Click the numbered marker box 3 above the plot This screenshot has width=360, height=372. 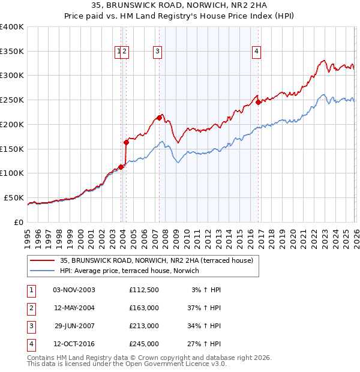click(157, 52)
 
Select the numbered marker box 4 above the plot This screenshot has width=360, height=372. click(256, 52)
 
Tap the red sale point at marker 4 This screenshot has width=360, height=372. click(258, 102)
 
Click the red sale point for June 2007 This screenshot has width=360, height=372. click(160, 118)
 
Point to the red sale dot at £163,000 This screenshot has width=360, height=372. click(127, 142)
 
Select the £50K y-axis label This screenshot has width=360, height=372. click(14, 197)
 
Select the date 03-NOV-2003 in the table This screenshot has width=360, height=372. click(74, 290)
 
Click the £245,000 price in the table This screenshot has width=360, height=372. click(143, 344)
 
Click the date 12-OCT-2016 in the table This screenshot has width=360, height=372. click(74, 344)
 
